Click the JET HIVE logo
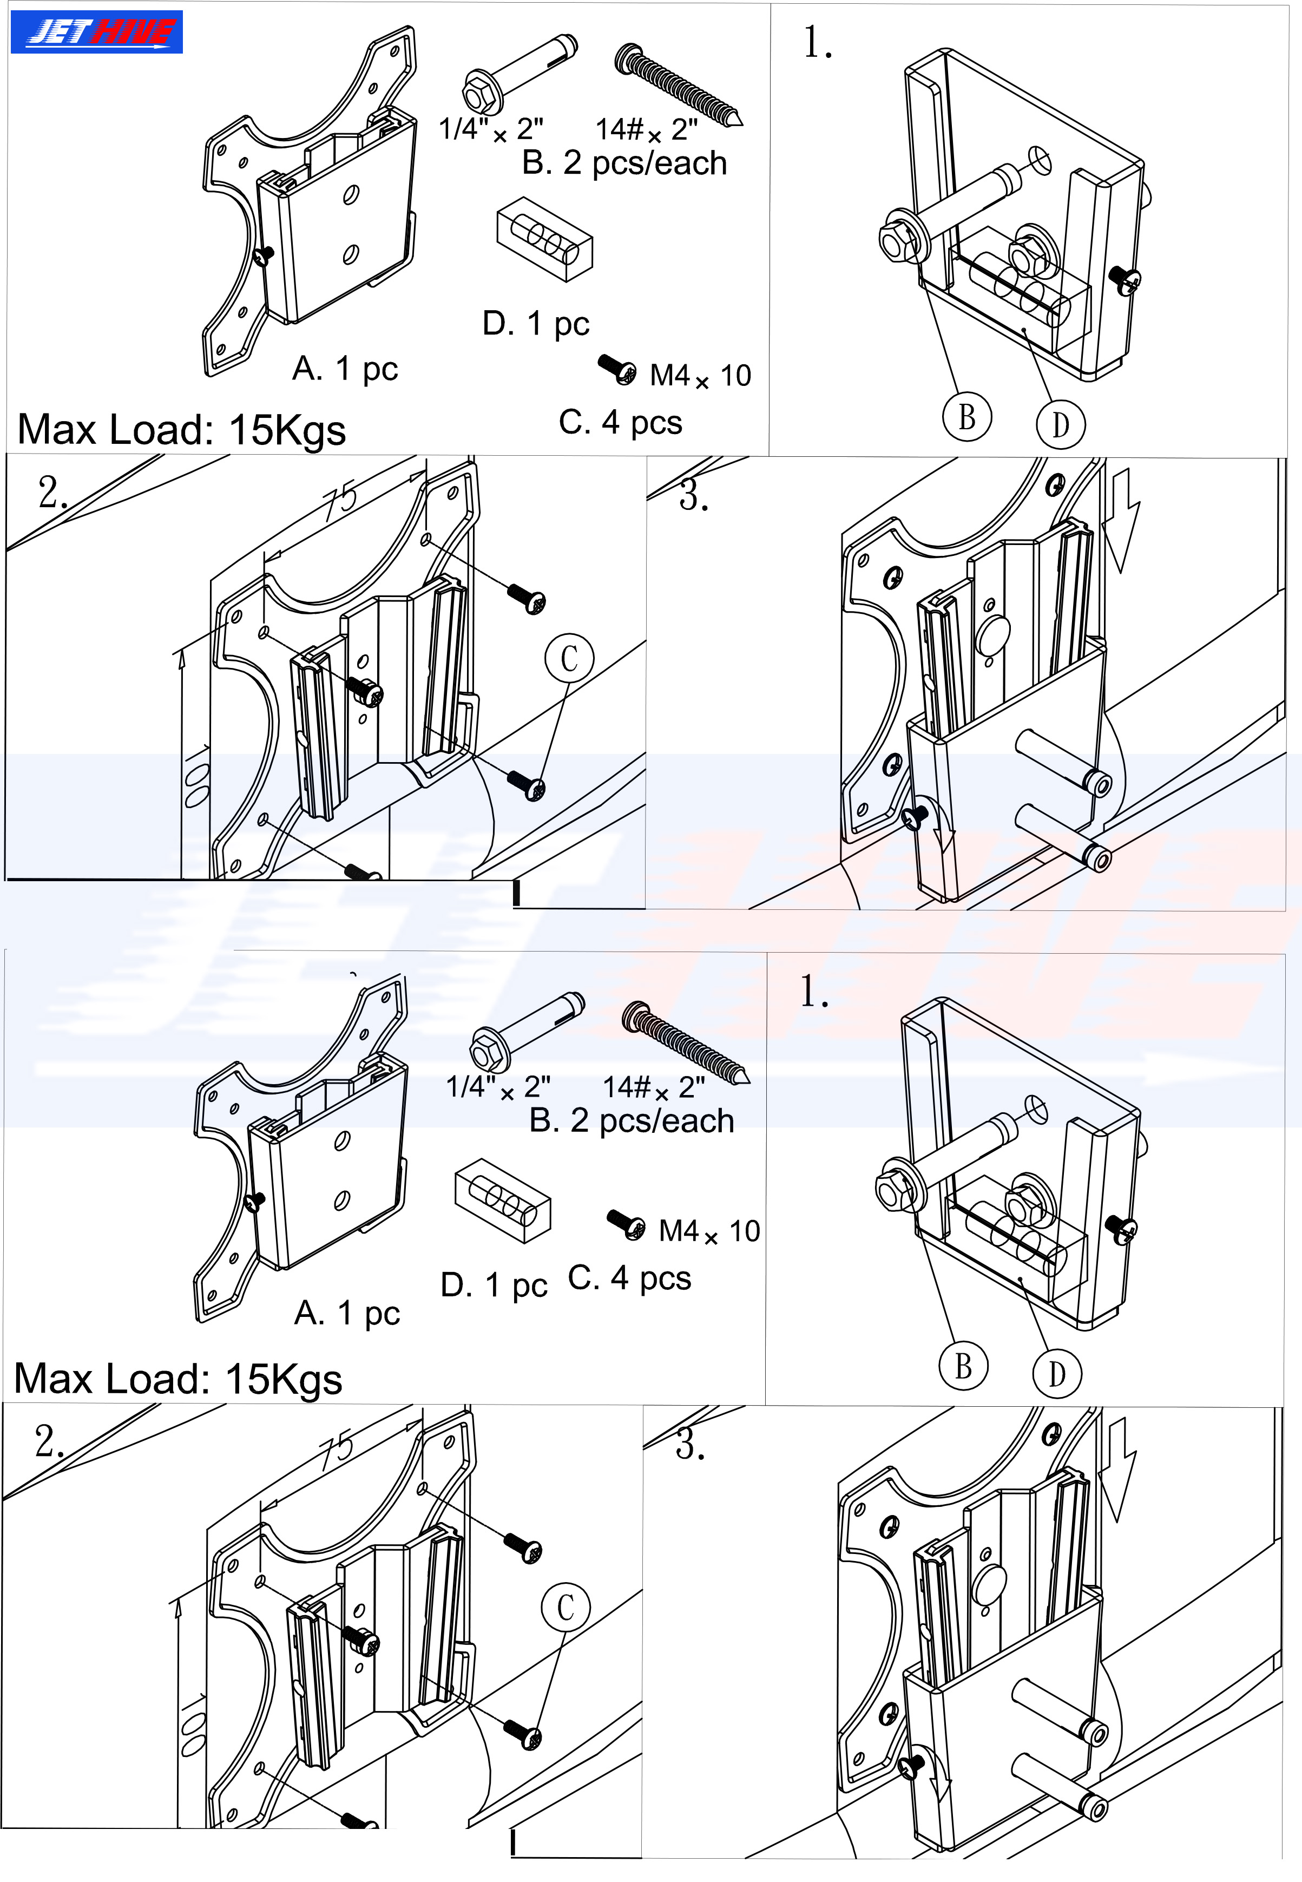pos(96,32)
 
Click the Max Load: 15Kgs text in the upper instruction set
pos(181,430)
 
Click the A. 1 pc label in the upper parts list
pos(345,370)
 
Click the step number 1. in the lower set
pos(815,992)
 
